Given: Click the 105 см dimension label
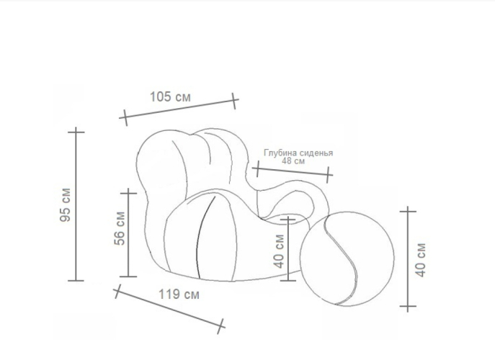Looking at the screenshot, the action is tap(170, 96).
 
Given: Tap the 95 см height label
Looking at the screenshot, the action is tap(66, 204).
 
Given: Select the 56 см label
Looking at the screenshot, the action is tap(120, 228).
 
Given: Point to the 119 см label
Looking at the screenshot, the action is tap(179, 294).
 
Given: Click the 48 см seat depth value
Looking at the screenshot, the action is tap(293, 161).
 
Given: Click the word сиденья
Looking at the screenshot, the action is tap(316, 153).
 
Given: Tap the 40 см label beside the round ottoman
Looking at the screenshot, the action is tap(421, 260).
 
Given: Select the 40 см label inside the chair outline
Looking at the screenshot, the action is tap(279, 251).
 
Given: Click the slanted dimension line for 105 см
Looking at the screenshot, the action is tap(179, 109).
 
